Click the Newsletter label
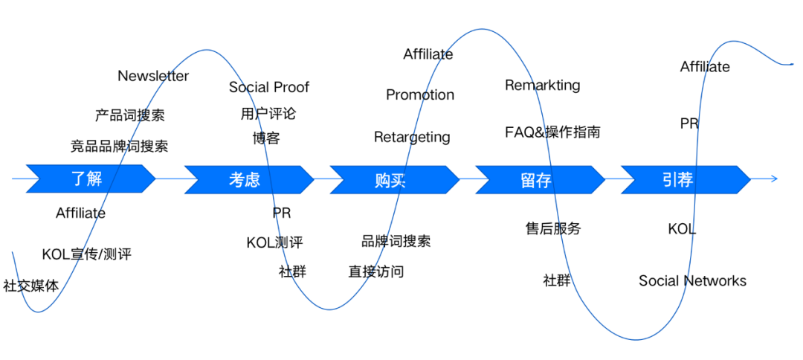153,76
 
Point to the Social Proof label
269,87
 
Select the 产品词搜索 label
130,115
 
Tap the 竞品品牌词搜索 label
119,146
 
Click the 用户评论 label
268,114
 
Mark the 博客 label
266,138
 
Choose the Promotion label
420,94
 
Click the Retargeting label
412,137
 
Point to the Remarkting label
543,85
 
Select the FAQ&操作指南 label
552,132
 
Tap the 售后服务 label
553,228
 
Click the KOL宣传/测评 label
86,254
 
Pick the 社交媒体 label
30,285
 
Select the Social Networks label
692,280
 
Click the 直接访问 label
376,271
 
